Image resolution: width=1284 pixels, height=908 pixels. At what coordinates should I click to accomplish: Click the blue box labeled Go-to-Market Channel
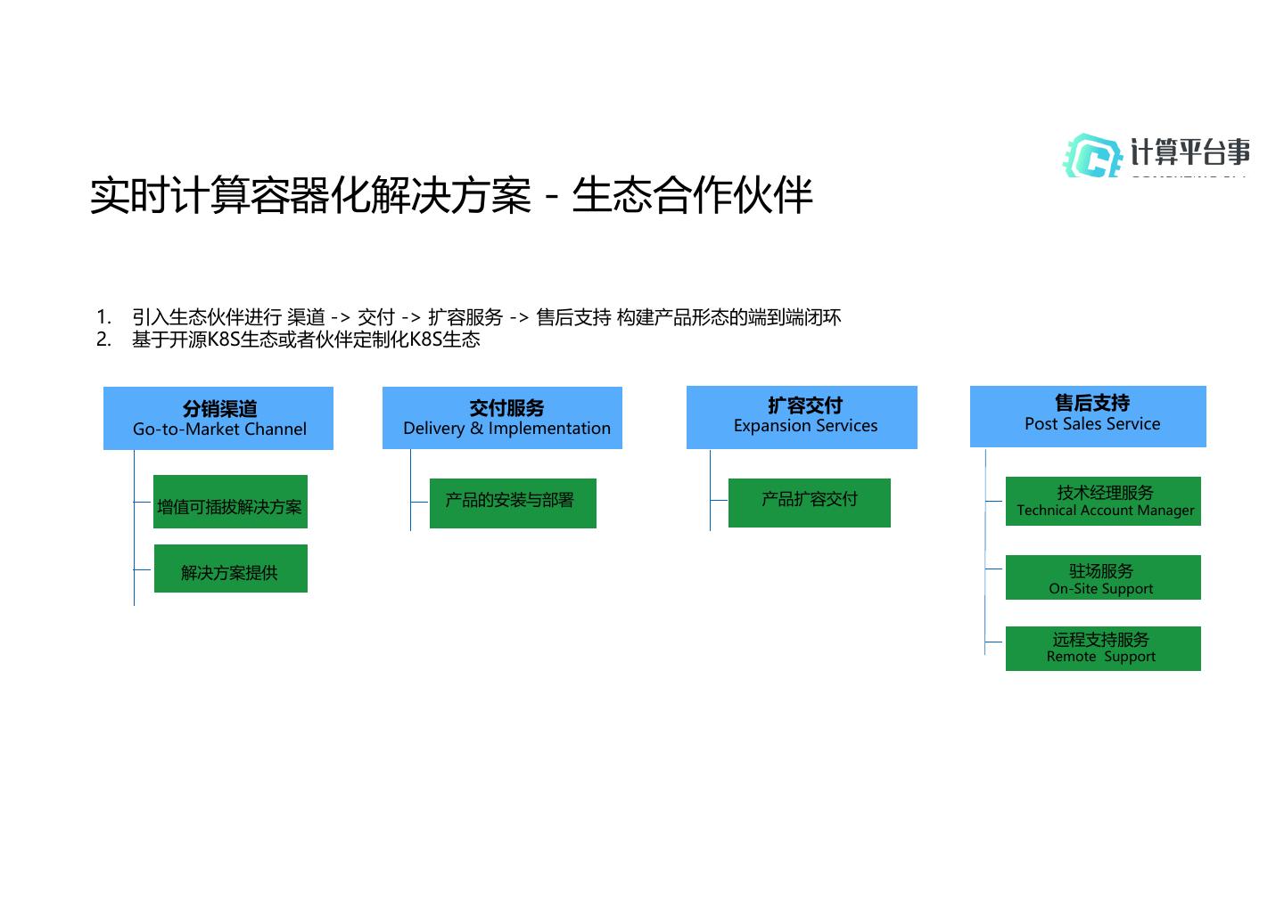(x=218, y=418)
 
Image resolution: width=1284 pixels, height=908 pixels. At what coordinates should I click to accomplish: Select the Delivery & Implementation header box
(x=502, y=417)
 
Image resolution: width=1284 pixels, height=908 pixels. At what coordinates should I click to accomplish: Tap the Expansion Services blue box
(x=802, y=416)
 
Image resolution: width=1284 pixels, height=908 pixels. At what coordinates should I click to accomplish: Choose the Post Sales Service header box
(x=1088, y=415)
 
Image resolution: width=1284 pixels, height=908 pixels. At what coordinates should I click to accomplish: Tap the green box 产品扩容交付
(x=809, y=502)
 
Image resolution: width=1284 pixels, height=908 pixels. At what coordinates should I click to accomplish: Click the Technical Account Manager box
(x=1103, y=501)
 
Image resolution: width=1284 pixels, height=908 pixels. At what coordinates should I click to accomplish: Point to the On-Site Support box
(x=1103, y=577)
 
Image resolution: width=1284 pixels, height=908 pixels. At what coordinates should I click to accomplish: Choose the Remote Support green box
(x=1103, y=648)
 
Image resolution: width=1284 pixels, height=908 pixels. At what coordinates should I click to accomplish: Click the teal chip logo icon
(x=1092, y=156)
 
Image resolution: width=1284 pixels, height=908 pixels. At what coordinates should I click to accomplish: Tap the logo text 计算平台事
(x=1189, y=152)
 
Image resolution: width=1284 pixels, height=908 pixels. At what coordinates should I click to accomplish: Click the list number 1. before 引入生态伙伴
(x=103, y=317)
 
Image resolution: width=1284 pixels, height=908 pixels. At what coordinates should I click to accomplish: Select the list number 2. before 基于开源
(x=103, y=339)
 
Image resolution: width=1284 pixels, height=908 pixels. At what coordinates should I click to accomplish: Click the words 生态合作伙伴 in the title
(x=692, y=195)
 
